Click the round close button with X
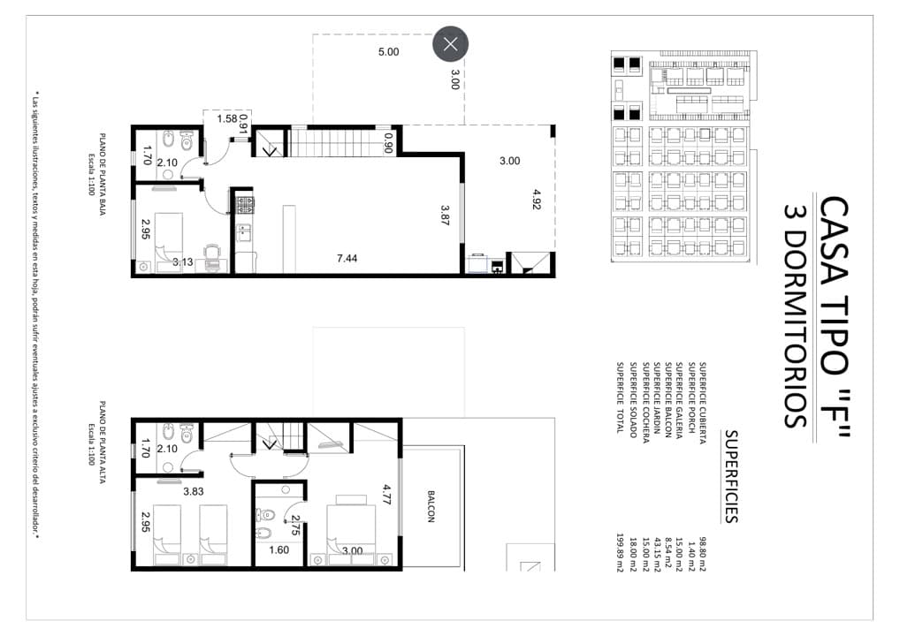[x=451, y=43]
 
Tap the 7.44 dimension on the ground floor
[x=347, y=259]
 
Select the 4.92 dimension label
[x=537, y=199]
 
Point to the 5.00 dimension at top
[x=389, y=51]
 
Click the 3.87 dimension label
[x=445, y=215]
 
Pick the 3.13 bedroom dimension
[x=183, y=262]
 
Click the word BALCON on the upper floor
[x=431, y=506]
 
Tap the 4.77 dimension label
[x=387, y=495]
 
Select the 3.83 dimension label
[x=194, y=491]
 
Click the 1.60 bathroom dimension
[x=279, y=550]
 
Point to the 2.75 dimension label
[x=295, y=526]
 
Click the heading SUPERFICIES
[x=730, y=477]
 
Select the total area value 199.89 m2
[x=620, y=553]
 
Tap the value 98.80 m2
[x=703, y=555]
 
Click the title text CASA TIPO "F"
[x=834, y=318]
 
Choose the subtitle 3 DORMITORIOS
[x=797, y=316]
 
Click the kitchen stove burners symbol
[x=246, y=205]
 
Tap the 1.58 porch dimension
[x=226, y=118]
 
